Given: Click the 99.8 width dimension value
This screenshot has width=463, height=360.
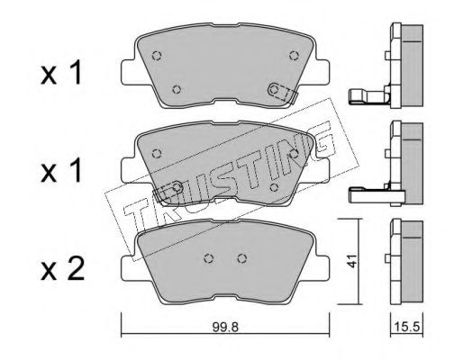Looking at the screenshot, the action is pyautogui.click(x=225, y=327).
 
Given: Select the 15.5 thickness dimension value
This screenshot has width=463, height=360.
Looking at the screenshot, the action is pyautogui.click(x=407, y=327).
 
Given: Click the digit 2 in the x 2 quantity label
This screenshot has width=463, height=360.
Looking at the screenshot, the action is pyautogui.click(x=76, y=270).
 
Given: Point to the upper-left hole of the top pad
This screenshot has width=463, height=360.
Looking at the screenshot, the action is pyautogui.click(x=157, y=56).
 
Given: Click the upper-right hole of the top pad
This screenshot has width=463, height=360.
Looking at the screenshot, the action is pyautogui.click(x=294, y=56).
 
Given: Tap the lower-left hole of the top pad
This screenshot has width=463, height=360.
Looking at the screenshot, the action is pyautogui.click(x=177, y=89).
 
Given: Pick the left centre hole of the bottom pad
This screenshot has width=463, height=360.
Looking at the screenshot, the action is pyautogui.click(x=209, y=258).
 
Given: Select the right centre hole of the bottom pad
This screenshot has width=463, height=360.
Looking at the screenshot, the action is pyautogui.click(x=242, y=258).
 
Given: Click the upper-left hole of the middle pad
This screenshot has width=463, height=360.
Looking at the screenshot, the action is pyautogui.click(x=157, y=153).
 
